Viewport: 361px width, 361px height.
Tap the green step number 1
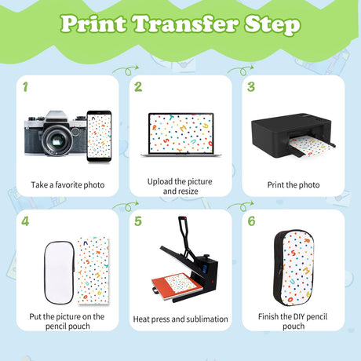click(x=25, y=87)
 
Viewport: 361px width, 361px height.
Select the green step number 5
click(x=138, y=221)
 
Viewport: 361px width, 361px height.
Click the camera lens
click(x=57, y=140)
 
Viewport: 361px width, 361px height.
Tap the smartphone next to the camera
click(x=99, y=136)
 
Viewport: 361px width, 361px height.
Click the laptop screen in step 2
click(x=180, y=133)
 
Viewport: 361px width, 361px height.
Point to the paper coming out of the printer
click(x=310, y=146)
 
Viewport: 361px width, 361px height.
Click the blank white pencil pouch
click(x=60, y=272)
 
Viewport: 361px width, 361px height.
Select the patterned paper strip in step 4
click(x=93, y=271)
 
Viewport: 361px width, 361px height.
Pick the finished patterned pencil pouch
click(x=294, y=268)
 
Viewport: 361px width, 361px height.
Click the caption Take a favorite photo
click(x=67, y=185)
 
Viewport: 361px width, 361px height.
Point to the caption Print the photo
click(x=294, y=185)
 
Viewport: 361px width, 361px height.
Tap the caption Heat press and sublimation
click(x=180, y=319)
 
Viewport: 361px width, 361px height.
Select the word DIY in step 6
click(x=298, y=316)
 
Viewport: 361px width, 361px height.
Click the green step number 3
click(x=251, y=87)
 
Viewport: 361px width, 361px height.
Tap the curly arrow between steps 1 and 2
click(x=126, y=70)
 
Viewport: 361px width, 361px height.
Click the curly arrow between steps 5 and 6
click(x=241, y=206)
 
